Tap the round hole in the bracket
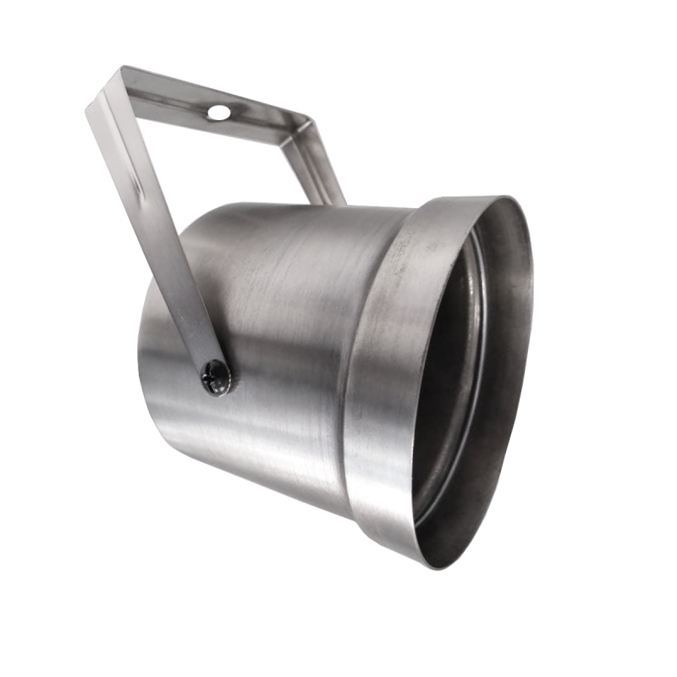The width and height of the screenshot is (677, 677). click(218, 112)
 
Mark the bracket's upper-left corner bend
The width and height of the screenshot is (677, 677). click(106, 89)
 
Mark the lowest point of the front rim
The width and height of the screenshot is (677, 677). click(440, 566)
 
